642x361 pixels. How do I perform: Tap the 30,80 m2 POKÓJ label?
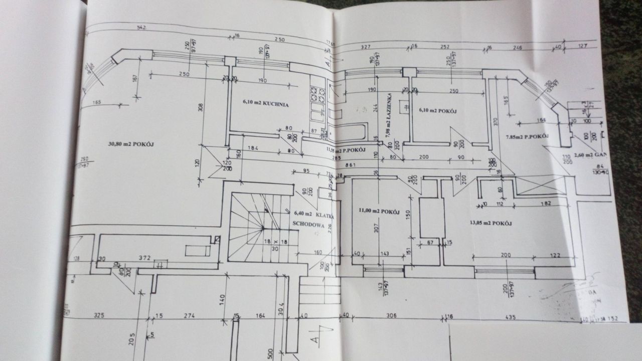[131, 144]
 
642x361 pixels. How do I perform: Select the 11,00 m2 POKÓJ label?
[379, 212]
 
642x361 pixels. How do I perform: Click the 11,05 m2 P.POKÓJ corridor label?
[346, 150]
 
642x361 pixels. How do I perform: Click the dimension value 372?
[144, 258]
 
